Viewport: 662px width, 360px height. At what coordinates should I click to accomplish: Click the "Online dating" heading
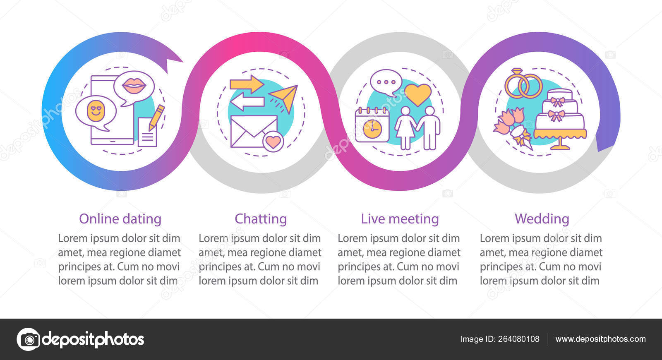[x=120, y=219]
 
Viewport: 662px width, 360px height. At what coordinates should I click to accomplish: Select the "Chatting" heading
[x=261, y=219]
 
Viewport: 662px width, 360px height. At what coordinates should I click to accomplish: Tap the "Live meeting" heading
[x=400, y=219]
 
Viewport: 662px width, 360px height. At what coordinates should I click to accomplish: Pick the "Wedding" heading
[x=542, y=219]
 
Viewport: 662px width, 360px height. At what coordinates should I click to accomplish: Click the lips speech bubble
[x=134, y=87]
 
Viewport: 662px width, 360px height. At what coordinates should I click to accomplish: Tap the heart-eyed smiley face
[x=96, y=111]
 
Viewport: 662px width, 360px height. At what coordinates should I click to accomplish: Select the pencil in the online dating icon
[x=156, y=118]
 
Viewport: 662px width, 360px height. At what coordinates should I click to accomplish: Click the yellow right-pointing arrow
[x=247, y=84]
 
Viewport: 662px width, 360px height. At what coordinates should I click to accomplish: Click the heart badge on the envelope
[x=273, y=142]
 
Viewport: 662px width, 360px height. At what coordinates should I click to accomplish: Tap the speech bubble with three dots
[x=386, y=82]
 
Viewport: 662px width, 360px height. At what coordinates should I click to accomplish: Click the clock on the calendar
[x=372, y=129]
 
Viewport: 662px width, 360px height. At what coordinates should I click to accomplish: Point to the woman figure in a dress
[x=405, y=128]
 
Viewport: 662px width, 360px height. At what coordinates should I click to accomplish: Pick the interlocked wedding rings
[x=523, y=84]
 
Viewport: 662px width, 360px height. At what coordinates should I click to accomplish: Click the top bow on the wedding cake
[x=557, y=101]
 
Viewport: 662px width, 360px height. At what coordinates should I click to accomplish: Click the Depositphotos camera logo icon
[x=29, y=339]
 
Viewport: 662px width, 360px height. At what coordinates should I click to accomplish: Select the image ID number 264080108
[x=519, y=339]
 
